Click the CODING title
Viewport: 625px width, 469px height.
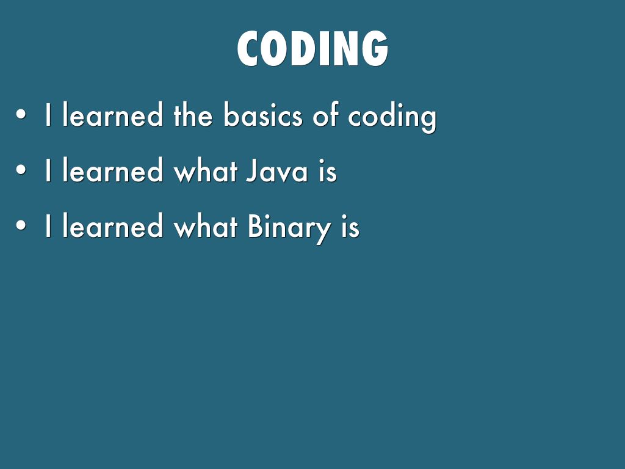click(x=312, y=49)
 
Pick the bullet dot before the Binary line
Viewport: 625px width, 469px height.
click(x=21, y=226)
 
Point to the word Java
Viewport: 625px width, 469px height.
click(x=277, y=170)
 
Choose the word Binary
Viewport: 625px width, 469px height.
click(x=289, y=228)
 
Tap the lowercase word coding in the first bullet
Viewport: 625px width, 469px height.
click(x=392, y=117)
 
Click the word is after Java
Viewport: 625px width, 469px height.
click(x=328, y=172)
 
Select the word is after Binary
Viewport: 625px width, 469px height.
click(x=350, y=227)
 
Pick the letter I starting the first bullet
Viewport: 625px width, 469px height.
click(x=48, y=115)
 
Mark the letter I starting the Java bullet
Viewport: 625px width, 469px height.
click(x=48, y=170)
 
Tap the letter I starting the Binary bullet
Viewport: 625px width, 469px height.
click(x=48, y=226)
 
